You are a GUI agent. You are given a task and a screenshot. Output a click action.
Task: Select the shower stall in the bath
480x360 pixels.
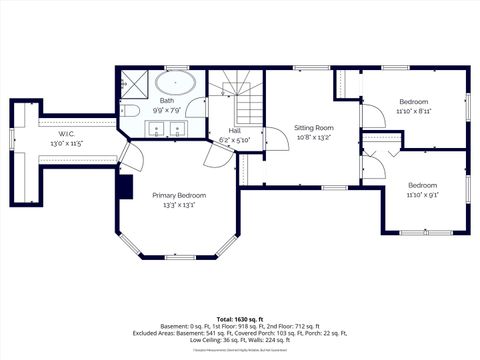click(x=135, y=81)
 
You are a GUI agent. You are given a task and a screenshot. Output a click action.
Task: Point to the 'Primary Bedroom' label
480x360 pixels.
click(x=178, y=195)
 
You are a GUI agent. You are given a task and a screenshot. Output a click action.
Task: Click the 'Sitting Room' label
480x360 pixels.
click(x=313, y=129)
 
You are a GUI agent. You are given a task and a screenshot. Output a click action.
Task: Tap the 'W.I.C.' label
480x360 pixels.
click(x=66, y=133)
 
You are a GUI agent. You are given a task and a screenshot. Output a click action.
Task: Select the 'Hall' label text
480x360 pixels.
click(x=234, y=131)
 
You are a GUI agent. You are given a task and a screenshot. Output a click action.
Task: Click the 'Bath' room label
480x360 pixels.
click(x=166, y=100)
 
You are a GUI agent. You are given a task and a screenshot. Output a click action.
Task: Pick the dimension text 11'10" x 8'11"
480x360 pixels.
click(x=414, y=112)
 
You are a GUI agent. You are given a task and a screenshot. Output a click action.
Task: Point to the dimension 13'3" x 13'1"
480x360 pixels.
click(x=178, y=205)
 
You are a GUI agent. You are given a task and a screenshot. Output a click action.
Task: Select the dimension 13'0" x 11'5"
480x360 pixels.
click(x=66, y=143)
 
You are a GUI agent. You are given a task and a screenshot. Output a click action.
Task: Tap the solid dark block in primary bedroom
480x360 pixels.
click(x=125, y=186)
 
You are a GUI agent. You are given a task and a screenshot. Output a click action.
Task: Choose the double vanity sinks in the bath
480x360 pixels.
click(x=166, y=128)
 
